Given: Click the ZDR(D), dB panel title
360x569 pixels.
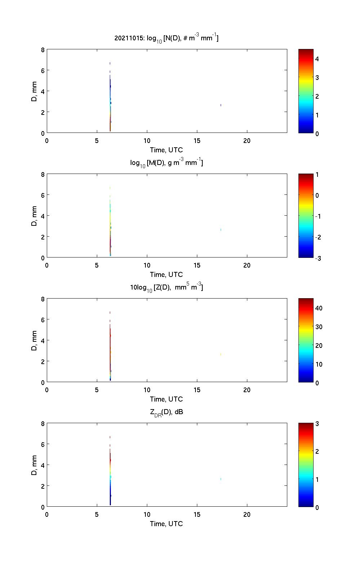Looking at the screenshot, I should tap(166, 412).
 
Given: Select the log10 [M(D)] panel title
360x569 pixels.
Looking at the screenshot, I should tap(166, 163).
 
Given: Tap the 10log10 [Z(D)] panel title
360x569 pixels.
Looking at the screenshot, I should tap(166, 287).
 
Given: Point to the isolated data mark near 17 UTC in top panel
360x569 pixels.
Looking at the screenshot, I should tap(221, 105).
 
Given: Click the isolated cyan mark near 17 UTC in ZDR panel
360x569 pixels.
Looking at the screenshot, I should tap(221, 479).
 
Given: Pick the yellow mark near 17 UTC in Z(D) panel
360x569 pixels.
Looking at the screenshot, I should tap(221, 354).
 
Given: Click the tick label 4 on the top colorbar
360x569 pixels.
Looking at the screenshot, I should tap(317, 59).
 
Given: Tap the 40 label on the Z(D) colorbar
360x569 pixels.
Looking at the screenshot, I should tap(319, 308).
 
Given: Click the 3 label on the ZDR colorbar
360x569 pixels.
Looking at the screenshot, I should tap(317, 424).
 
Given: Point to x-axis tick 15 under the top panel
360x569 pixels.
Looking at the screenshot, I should tap(197, 141).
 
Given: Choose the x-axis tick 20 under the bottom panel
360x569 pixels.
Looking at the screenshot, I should tap(247, 515).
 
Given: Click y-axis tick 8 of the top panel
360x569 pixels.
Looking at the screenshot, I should tap(42, 50).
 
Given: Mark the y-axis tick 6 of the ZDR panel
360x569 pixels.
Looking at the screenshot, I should tap(42, 444).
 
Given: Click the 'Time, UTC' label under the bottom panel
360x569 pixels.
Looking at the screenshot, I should tap(166, 524).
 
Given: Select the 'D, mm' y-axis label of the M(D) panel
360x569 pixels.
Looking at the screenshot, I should tap(35, 216).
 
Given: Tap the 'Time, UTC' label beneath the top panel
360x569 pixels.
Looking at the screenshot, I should tap(166, 150).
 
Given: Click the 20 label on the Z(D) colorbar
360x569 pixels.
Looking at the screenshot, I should tap(319, 345).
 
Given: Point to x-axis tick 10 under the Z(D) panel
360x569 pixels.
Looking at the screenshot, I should tap(147, 390).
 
